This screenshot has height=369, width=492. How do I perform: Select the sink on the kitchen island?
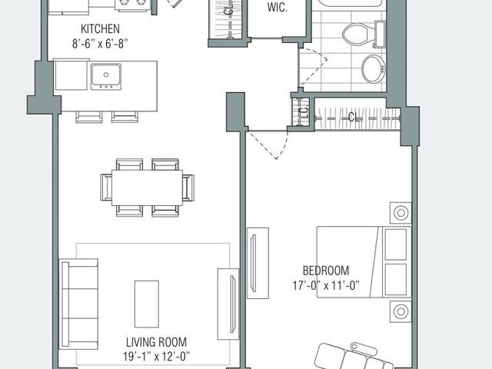pyautogui.click(x=105, y=76)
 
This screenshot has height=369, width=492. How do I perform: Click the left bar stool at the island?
pyautogui.click(x=88, y=117)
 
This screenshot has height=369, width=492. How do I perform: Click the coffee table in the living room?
pyautogui.click(x=146, y=303)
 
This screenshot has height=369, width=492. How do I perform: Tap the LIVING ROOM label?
pyautogui.click(x=156, y=341)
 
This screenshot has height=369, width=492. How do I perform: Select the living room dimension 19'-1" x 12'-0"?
pyautogui.click(x=156, y=355)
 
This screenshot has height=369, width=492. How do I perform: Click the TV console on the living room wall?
pyautogui.click(x=228, y=303)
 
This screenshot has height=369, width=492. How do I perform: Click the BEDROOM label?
pyautogui.click(x=325, y=271)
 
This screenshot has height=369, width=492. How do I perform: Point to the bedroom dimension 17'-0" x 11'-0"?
pyautogui.click(x=325, y=284)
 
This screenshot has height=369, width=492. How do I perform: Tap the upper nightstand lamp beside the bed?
pyautogui.click(x=401, y=212)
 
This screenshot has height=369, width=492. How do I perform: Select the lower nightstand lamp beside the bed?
pyautogui.click(x=401, y=311)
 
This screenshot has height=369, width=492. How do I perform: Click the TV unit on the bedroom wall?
pyautogui.click(x=258, y=262)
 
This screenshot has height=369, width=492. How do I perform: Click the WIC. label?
pyautogui.click(x=277, y=8)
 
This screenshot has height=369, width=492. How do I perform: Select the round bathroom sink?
pyautogui.click(x=372, y=68)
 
